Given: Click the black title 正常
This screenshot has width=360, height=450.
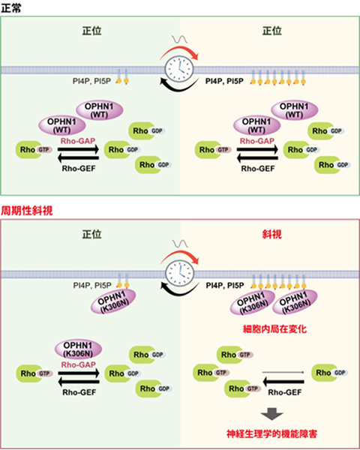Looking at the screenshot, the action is click(x=11, y=8).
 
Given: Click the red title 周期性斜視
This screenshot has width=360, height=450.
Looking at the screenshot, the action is click(x=27, y=211).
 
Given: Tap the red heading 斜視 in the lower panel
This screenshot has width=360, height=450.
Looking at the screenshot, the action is click(x=271, y=235).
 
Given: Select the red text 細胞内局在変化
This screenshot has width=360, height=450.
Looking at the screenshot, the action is click(x=274, y=329).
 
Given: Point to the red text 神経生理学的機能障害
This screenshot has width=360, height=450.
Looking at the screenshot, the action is click(x=272, y=433).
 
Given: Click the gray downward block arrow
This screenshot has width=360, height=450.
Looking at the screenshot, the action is click(x=271, y=414).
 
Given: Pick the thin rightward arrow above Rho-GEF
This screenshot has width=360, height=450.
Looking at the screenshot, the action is click(x=283, y=373).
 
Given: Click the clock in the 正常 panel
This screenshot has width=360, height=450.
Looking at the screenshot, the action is click(x=179, y=70).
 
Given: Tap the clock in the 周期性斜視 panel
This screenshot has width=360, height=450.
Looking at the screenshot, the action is click(x=180, y=274).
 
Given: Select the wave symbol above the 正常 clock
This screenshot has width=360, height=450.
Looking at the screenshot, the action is click(x=179, y=39).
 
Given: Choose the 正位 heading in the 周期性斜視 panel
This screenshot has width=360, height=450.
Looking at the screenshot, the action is click(x=91, y=235).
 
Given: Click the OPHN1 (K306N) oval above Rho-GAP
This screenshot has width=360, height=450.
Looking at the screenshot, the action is click(x=78, y=349).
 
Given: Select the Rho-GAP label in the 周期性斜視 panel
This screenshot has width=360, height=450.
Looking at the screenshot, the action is click(x=78, y=364).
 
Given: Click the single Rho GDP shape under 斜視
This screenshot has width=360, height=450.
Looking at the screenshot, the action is click(x=330, y=373).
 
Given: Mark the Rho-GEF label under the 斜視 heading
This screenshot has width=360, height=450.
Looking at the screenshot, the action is click(x=285, y=392).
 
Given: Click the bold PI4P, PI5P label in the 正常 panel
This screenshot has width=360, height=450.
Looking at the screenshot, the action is click(x=224, y=82).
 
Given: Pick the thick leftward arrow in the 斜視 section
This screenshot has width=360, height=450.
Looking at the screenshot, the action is click(x=283, y=382).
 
